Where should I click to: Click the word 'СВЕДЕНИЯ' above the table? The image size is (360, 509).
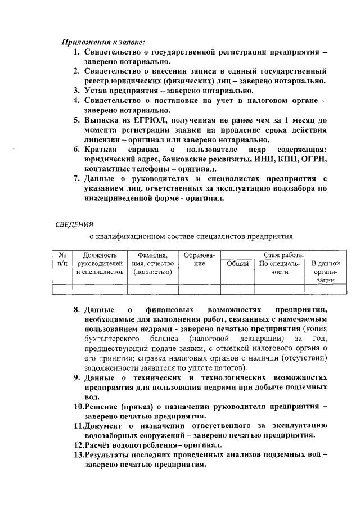click(x=74, y=226)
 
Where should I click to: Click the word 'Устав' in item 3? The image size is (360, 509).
click(x=98, y=91)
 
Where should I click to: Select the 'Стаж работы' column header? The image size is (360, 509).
click(x=281, y=254)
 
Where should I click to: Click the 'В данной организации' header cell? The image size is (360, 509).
click(x=325, y=271)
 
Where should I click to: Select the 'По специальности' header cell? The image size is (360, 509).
click(x=280, y=267)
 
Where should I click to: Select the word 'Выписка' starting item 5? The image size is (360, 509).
click(x=103, y=120)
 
